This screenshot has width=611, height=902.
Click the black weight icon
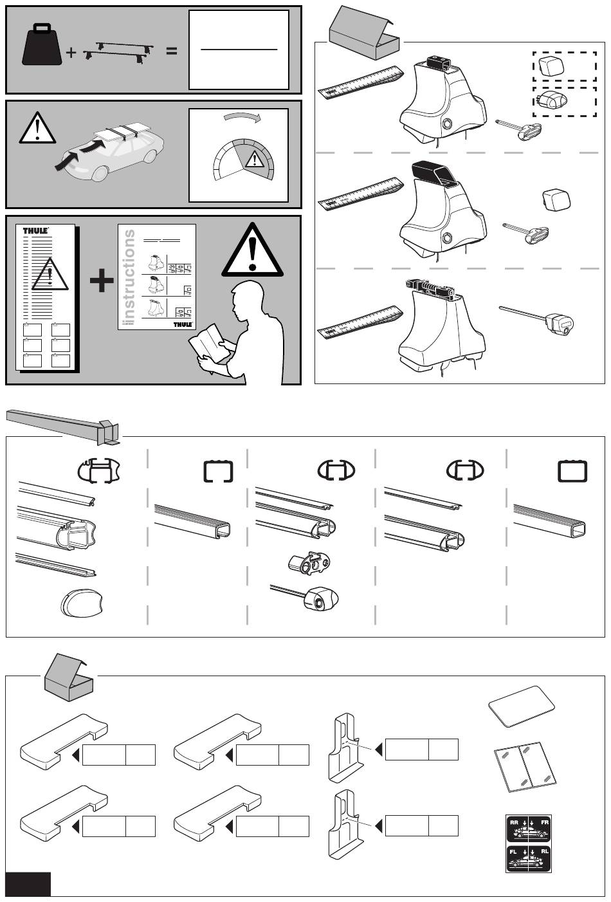click(x=43, y=47)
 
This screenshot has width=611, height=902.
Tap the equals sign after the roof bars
click(x=171, y=51)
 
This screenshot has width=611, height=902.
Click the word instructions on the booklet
click(x=129, y=277)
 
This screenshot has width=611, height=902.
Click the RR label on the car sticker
click(x=515, y=823)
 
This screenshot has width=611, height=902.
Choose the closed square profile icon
click(x=572, y=471)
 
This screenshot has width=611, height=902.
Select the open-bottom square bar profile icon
click(x=217, y=472)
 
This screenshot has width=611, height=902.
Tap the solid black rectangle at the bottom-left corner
click(x=28, y=885)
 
